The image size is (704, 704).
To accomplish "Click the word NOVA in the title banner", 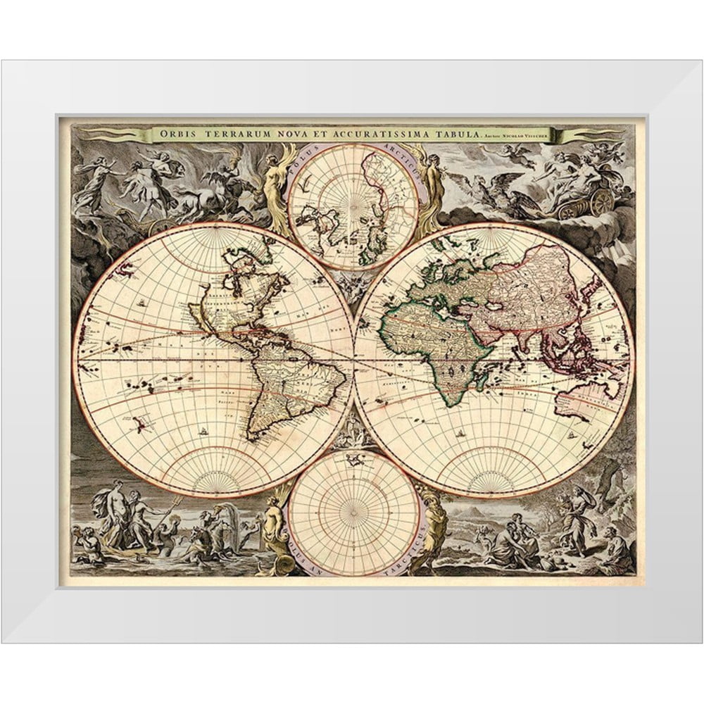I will click(x=294, y=134).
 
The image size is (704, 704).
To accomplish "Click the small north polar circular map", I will click(x=353, y=207).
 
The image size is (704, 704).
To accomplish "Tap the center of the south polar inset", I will click(x=353, y=512).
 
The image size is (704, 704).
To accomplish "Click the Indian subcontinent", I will click(x=524, y=331).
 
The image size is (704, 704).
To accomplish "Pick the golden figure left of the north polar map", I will click(x=273, y=180).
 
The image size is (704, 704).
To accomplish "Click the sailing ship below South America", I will click(x=204, y=430).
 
